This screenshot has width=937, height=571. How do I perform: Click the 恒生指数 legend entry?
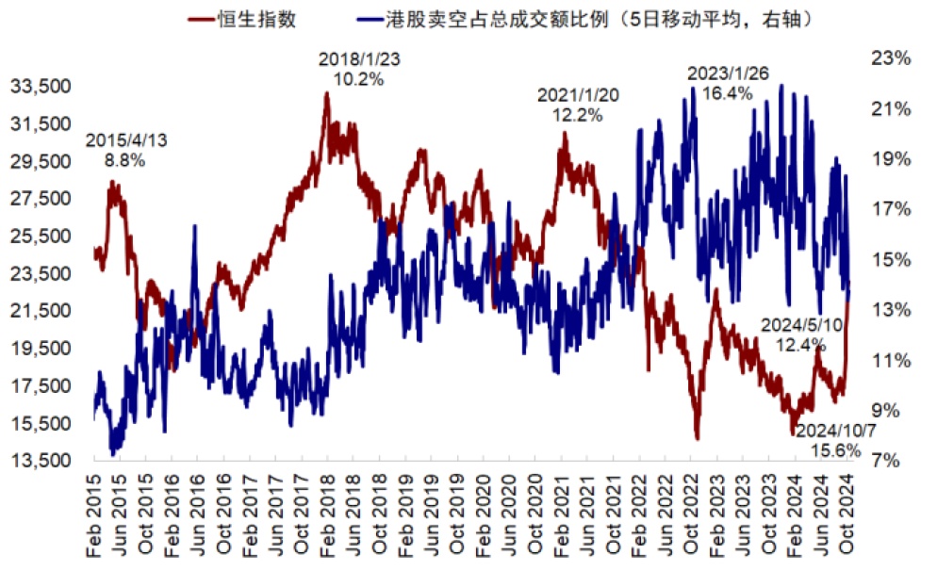pyautogui.click(x=256, y=19)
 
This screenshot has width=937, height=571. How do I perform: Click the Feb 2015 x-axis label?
pyautogui.click(x=97, y=515)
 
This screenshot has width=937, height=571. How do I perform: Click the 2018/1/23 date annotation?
pyautogui.click(x=359, y=59)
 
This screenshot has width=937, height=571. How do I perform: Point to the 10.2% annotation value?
pyautogui.click(x=359, y=79)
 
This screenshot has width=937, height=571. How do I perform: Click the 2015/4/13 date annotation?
pyautogui.click(x=126, y=140)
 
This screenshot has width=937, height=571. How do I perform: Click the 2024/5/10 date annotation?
pyautogui.click(x=802, y=325)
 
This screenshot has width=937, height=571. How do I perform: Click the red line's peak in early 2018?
pyautogui.click(x=327, y=92)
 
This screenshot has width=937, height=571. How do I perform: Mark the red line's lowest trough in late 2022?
pyautogui.click(x=698, y=438)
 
